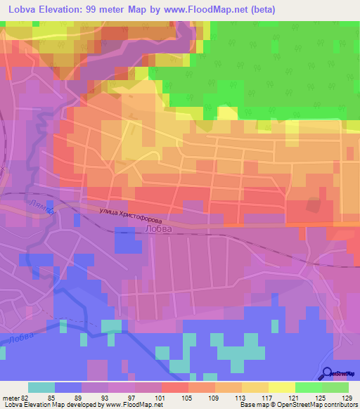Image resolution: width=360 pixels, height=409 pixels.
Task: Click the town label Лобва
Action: click(x=156, y=228)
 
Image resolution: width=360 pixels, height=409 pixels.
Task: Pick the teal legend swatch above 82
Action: click(x=41, y=387)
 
